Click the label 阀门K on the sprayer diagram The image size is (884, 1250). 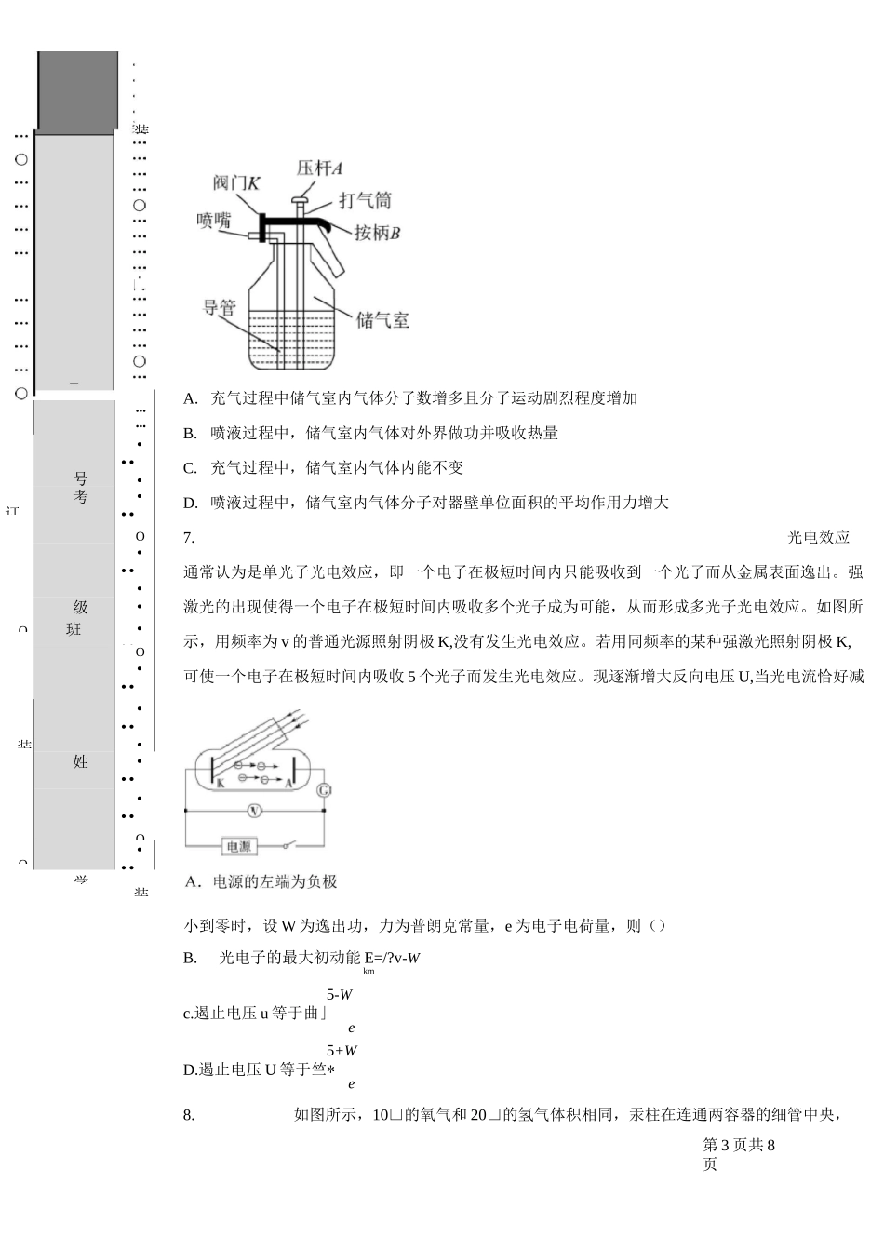pos(236,183)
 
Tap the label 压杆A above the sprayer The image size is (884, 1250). pos(319,168)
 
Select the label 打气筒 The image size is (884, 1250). pos(365,200)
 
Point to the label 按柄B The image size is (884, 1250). pos(377,233)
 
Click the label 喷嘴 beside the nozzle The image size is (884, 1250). pos(213,221)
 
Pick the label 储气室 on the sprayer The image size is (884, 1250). pos(382,320)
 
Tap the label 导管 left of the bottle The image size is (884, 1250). pos(220,306)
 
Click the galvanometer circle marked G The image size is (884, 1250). pos(324,790)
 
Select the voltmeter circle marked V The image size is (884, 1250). pos(254,811)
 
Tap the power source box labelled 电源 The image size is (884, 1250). pos(238,847)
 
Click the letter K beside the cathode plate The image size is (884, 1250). pos(221,784)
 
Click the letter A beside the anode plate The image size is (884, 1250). pos(288,784)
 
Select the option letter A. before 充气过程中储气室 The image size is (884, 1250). pos(191,398)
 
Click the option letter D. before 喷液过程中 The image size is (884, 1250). pos(191,503)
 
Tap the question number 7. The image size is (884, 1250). pos(189,537)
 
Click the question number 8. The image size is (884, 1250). pos(189,1114)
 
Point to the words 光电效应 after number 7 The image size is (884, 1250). pos(819,537)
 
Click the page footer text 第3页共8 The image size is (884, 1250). pos(739,1145)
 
